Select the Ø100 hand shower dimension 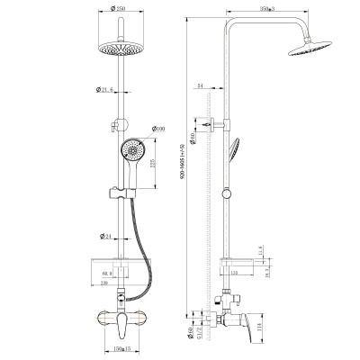(160, 129)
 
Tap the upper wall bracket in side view (215, 124)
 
